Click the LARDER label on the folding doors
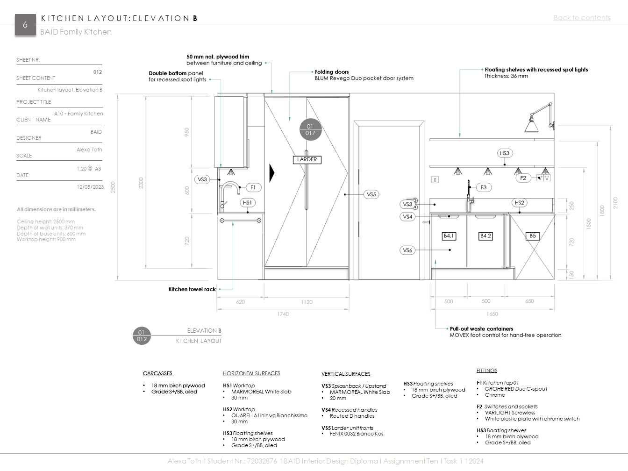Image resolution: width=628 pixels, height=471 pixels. (x=307, y=159)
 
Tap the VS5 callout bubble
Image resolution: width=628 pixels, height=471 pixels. (x=371, y=194)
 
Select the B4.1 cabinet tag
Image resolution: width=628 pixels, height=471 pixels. (x=449, y=236)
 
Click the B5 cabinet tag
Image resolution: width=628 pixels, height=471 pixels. (x=532, y=236)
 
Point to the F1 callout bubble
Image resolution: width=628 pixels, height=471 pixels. (x=253, y=187)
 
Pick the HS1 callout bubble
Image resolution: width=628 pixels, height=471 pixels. (x=247, y=203)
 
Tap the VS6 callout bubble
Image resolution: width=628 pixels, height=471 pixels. (x=407, y=250)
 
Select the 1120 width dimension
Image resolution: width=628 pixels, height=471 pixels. (x=307, y=302)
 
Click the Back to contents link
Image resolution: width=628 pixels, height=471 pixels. (x=582, y=18)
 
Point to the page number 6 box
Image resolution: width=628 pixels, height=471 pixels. (x=25, y=25)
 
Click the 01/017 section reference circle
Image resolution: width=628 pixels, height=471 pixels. (x=310, y=130)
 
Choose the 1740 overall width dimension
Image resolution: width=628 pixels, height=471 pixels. (x=283, y=314)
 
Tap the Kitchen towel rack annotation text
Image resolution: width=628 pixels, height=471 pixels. (x=192, y=289)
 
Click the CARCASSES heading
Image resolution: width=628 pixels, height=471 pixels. (x=157, y=373)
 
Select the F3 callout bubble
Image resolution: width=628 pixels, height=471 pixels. (x=483, y=187)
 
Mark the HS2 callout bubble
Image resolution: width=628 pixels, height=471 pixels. (x=519, y=203)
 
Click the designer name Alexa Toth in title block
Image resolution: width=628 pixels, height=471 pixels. (x=89, y=150)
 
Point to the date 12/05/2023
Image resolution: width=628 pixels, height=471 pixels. (x=90, y=187)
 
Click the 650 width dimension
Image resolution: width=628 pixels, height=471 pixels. (x=529, y=301)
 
